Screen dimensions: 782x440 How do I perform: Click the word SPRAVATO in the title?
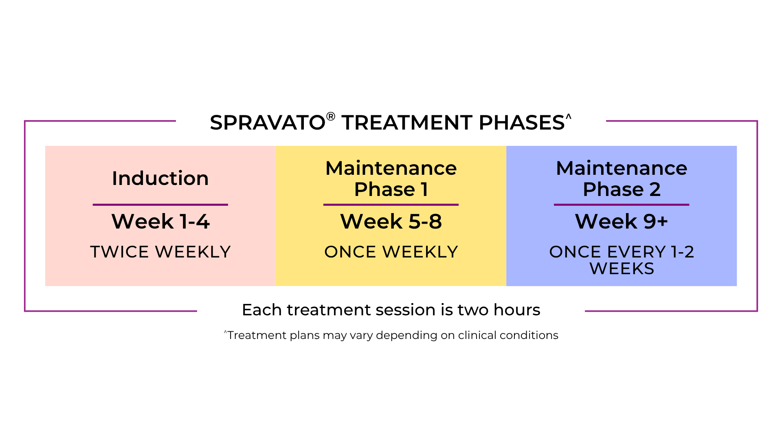(268, 123)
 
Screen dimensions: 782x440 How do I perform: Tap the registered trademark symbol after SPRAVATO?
(331, 117)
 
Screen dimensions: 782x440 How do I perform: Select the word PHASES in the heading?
(521, 123)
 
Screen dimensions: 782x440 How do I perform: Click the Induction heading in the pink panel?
(160, 178)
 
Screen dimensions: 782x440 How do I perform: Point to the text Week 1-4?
(160, 221)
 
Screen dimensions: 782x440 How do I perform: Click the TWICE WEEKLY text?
(160, 252)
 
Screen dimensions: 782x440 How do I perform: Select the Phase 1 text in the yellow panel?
(391, 189)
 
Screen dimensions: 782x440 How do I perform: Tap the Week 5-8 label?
(391, 221)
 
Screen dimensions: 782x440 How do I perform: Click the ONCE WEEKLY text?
(391, 252)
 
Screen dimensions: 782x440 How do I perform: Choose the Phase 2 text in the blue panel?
(622, 189)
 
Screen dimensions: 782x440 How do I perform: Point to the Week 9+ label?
(622, 221)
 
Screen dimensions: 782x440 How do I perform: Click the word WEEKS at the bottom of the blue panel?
(622, 268)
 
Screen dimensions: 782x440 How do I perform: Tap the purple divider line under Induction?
(160, 205)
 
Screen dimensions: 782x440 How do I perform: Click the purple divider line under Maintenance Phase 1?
(391, 205)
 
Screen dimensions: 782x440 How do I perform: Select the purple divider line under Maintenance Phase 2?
(622, 205)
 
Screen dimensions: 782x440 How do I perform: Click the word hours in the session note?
(517, 310)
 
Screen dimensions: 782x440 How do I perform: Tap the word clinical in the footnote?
(477, 335)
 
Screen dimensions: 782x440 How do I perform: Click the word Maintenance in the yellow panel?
(391, 168)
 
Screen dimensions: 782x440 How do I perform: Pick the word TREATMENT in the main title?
(407, 123)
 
